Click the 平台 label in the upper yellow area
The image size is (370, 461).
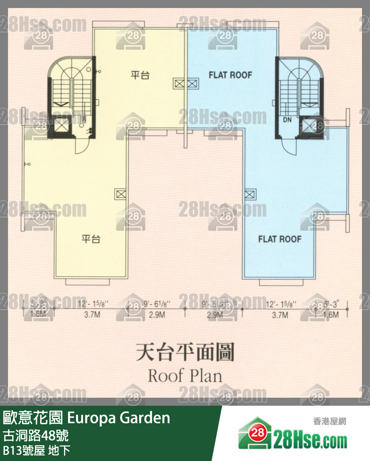coord(140,75)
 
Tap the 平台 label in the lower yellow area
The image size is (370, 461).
coord(91,239)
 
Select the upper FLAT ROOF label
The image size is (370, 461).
coord(230,75)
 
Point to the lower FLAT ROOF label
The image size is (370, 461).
coord(280,240)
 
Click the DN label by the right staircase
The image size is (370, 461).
coord(287,119)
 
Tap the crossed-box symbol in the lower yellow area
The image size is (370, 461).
coord(121,193)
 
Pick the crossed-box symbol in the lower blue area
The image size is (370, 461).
coord(249,195)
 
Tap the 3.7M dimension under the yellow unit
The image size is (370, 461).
coord(92,315)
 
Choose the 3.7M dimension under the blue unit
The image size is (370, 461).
coord(280,315)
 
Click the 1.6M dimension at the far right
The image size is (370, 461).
coord(331,315)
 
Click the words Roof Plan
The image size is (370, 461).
coord(185,376)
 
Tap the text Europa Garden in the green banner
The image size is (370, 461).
coord(119,418)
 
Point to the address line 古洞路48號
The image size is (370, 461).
coord(36,435)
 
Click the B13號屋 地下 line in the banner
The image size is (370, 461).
coord(36,450)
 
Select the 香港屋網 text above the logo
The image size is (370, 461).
coord(329,421)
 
